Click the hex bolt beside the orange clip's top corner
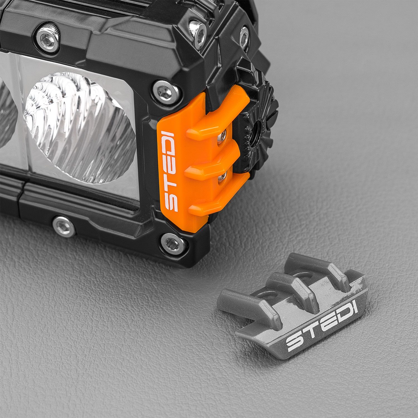coord(166,92)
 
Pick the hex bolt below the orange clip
coord(173,243)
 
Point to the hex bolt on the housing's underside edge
coord(64,226)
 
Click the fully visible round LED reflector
coord(79,127)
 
